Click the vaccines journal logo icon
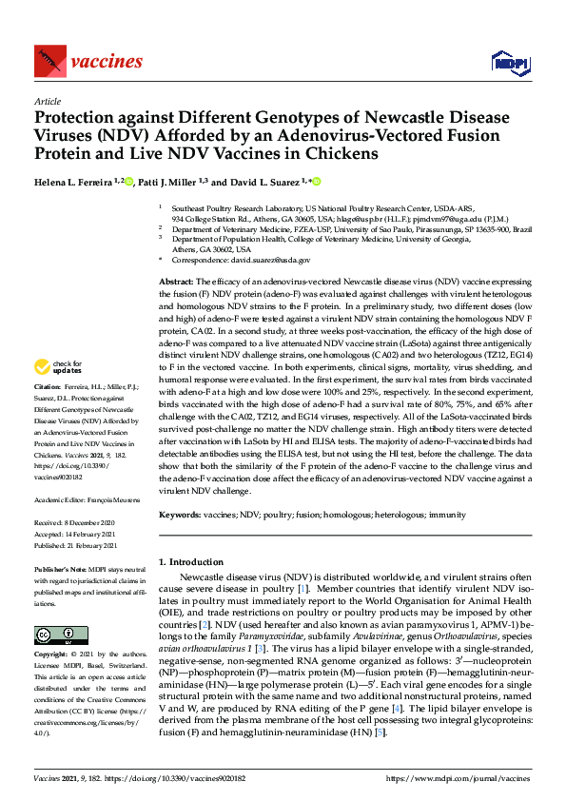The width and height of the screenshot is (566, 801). (x=49, y=61)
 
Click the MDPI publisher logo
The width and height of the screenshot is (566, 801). (x=504, y=62)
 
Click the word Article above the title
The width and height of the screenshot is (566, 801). (x=47, y=100)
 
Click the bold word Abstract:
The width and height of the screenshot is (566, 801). (x=175, y=282)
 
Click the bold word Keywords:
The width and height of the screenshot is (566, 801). (x=179, y=513)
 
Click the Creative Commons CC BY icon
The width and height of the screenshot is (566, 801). (x=48, y=635)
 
